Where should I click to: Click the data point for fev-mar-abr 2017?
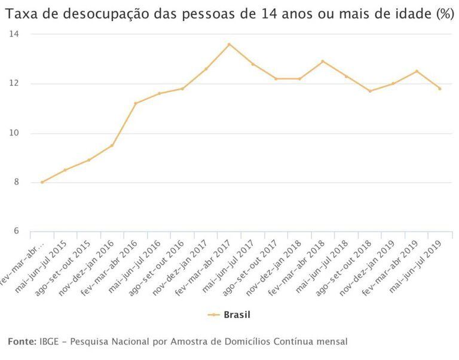tap(229, 44)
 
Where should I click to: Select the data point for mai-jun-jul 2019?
tap(440, 88)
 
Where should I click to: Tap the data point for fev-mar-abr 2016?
tap(135, 103)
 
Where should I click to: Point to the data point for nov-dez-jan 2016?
tap(112, 145)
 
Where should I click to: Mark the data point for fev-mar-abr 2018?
tap(323, 61)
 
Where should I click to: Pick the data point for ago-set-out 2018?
tap(370, 91)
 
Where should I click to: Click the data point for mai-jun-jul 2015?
tap(65, 170)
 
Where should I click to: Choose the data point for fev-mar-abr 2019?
tap(417, 71)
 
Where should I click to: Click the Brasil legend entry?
tap(234, 315)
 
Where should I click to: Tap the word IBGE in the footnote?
tap(50, 341)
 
